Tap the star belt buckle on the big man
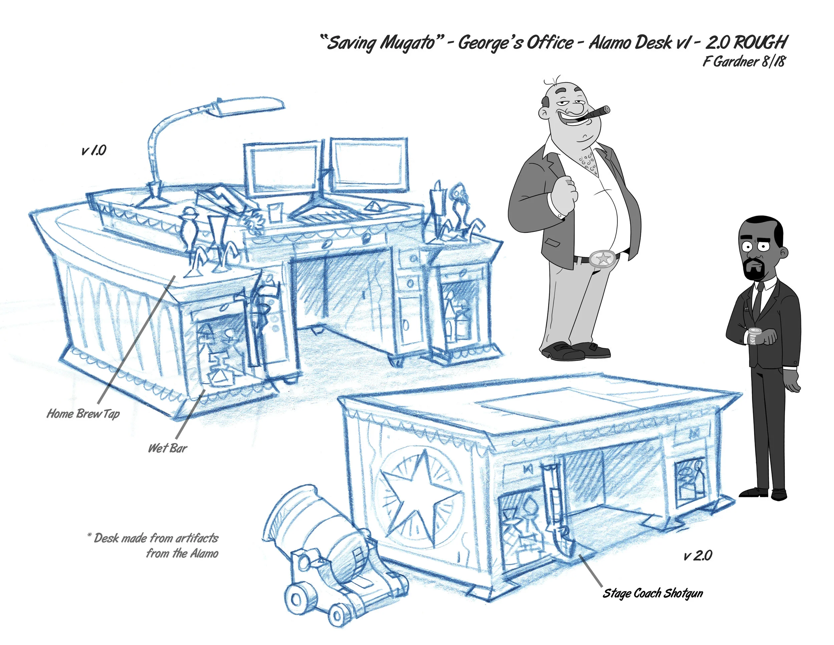pos(603,259)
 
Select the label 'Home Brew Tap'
pos(83,413)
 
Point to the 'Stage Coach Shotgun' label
pos(653,593)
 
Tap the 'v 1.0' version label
pos(93,150)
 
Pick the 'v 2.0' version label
pos(698,555)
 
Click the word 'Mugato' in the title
pos(407,43)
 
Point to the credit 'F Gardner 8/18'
pos(744,61)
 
